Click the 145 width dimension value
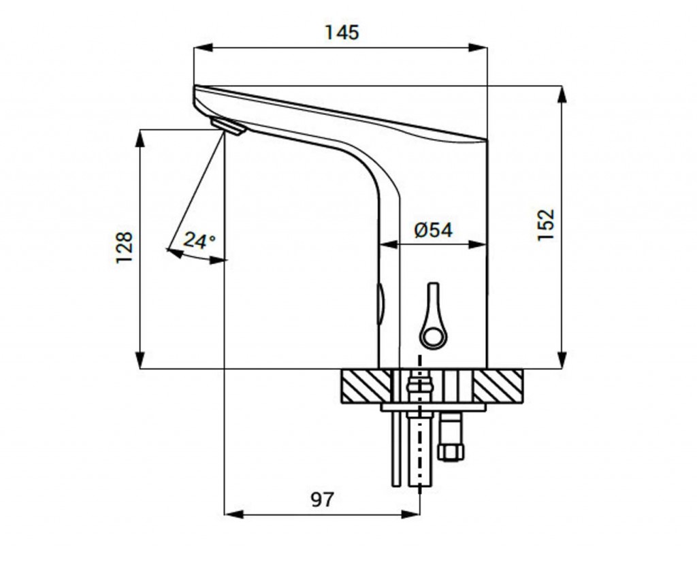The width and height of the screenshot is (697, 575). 342,33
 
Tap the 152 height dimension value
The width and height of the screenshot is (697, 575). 547,225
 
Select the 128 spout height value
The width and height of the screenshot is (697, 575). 124,248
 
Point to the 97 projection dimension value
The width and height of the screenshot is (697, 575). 322,499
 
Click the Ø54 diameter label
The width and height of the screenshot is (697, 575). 434,230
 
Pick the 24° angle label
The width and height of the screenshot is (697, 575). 199,240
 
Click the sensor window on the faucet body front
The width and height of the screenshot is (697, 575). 380,304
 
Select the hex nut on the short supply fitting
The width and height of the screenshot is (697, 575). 451,451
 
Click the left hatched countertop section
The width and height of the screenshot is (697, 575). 366,386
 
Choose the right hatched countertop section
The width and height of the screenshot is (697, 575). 498,386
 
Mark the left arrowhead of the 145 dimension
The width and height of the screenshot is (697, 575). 203,48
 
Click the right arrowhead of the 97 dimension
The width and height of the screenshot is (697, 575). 410,514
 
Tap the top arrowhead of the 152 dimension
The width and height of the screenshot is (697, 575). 562,94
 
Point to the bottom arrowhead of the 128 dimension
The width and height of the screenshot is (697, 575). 140,360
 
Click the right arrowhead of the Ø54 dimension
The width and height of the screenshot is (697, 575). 479,244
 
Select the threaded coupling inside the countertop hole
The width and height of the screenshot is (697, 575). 419,386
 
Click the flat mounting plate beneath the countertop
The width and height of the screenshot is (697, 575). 434,407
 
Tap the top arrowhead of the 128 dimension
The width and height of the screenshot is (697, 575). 140,139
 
